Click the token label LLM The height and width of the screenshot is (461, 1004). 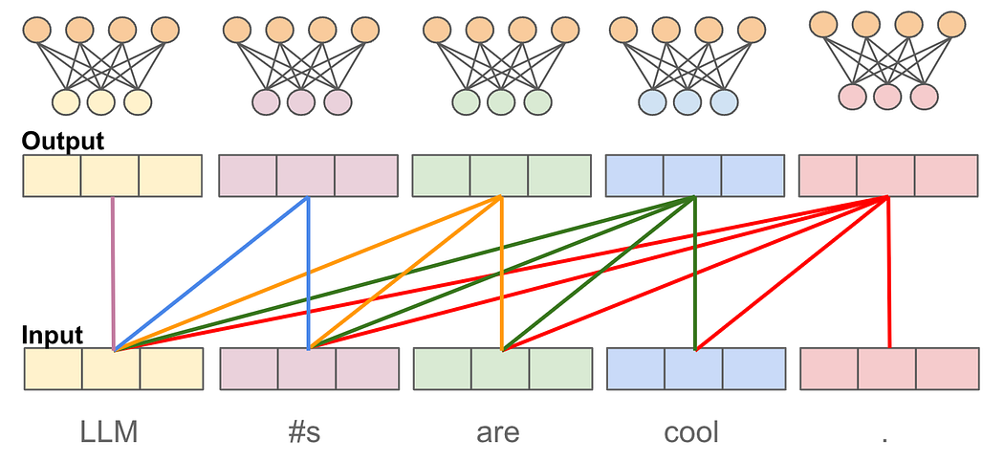pyautogui.click(x=109, y=433)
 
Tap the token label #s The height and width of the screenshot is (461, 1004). pyautogui.click(x=304, y=433)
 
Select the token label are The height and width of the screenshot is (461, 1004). pyautogui.click(x=498, y=434)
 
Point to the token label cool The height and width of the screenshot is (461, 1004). pyautogui.click(x=691, y=433)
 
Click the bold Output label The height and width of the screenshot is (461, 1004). pyautogui.click(x=63, y=141)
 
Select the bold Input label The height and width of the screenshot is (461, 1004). pyautogui.click(x=52, y=335)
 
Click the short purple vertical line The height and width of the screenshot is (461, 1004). pyautogui.click(x=114, y=274)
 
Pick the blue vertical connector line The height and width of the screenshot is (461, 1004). pyautogui.click(x=309, y=274)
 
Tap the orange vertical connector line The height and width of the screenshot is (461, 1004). pyautogui.click(x=502, y=274)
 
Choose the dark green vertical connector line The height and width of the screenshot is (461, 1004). pyautogui.click(x=695, y=274)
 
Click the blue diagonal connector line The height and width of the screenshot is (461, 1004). pyautogui.click(x=211, y=274)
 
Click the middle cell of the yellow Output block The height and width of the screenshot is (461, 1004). pyautogui.click(x=110, y=175)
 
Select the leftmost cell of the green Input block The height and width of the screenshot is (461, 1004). pyautogui.click(x=443, y=369)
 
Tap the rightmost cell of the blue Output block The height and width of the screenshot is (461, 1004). pyautogui.click(x=753, y=175)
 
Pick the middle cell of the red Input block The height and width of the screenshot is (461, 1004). pyautogui.click(x=886, y=369)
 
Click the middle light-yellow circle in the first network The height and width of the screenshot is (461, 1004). pyautogui.click(x=101, y=102)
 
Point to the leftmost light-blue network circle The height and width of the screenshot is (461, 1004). pyautogui.click(x=652, y=102)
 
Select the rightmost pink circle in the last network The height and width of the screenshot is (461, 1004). pyautogui.click(x=924, y=97)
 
